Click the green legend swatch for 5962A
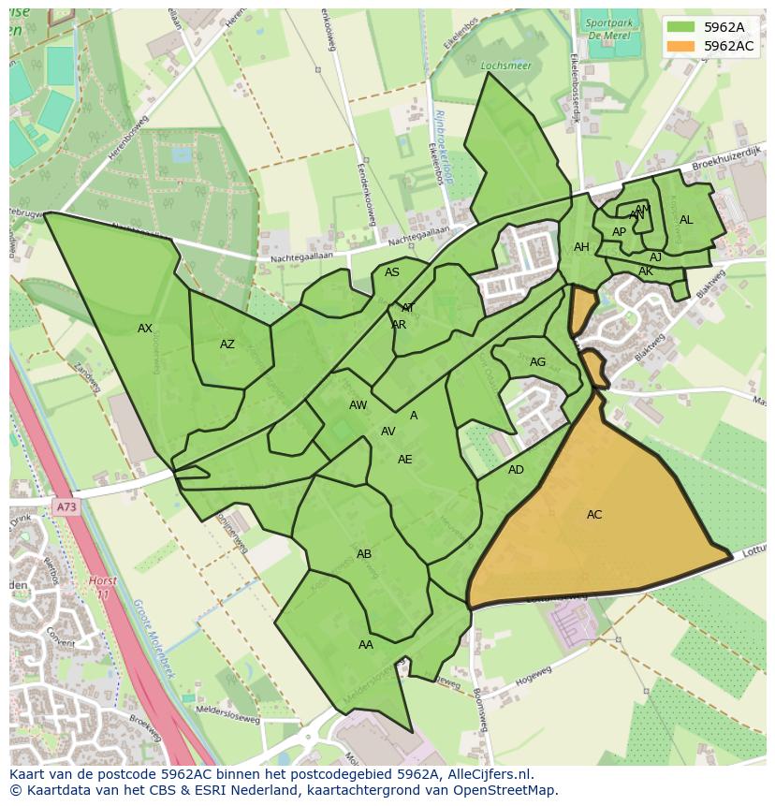[680, 27]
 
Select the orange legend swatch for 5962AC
[680, 46]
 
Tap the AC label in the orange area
[594, 515]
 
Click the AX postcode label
[145, 329]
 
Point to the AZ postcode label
[227, 344]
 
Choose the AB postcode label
[364, 554]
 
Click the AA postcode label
[366, 645]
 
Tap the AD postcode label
[516, 470]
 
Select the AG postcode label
[537, 362]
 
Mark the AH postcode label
[581, 247]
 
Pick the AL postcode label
[686, 220]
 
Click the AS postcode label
[392, 272]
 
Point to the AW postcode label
[358, 405]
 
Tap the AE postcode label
[404, 460]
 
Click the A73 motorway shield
[66, 506]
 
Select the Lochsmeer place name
[505, 66]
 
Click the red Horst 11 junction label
[103, 588]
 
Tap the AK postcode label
[646, 271]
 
